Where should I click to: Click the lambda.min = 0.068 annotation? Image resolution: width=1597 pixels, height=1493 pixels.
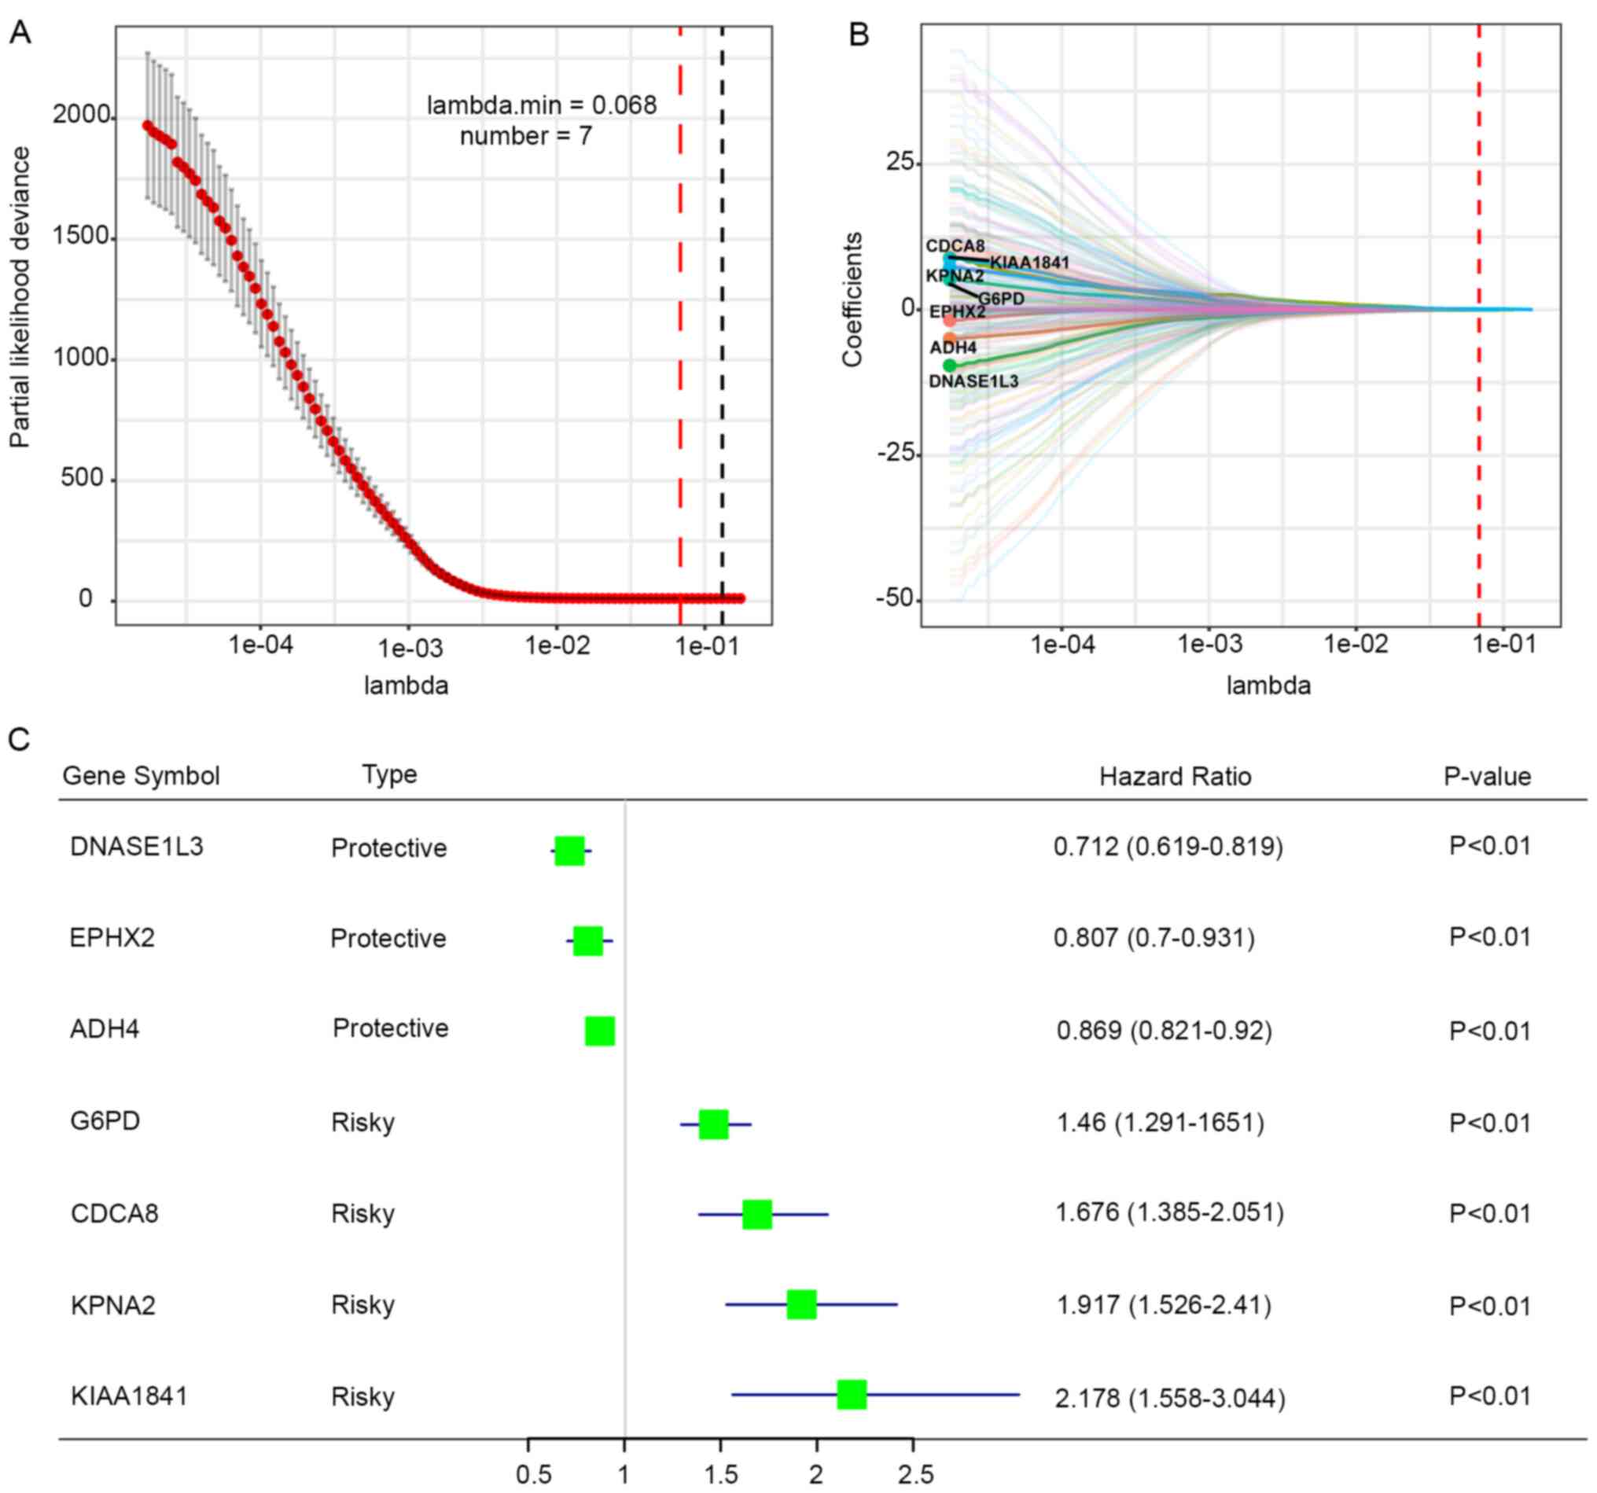click(541, 105)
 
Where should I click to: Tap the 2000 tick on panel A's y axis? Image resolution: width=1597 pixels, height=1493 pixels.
click(80, 116)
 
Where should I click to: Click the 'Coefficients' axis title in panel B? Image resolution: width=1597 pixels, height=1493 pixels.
click(852, 299)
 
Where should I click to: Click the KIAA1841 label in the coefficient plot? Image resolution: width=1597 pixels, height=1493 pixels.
click(1029, 263)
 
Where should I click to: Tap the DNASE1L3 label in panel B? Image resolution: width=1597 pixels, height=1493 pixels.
click(973, 381)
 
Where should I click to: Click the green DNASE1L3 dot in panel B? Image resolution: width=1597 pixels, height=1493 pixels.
click(951, 366)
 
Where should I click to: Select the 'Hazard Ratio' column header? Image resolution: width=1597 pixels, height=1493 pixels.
click(1175, 777)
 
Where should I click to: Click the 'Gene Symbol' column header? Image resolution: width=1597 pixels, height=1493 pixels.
click(141, 776)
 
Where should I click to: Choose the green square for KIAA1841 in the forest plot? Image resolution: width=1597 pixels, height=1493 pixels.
click(852, 1395)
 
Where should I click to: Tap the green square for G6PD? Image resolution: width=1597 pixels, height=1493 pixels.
click(713, 1124)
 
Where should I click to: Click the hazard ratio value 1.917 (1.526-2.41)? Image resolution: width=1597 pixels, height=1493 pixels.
click(1163, 1306)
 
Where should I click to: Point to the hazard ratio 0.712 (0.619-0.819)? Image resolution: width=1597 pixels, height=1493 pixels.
click(1168, 847)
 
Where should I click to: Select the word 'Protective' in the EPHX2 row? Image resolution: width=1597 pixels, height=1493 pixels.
click(388, 938)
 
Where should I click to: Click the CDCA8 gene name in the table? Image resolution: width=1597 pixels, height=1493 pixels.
click(114, 1214)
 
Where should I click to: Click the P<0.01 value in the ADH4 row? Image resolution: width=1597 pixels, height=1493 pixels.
click(1489, 1031)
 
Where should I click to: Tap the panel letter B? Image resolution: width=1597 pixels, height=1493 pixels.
click(859, 35)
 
